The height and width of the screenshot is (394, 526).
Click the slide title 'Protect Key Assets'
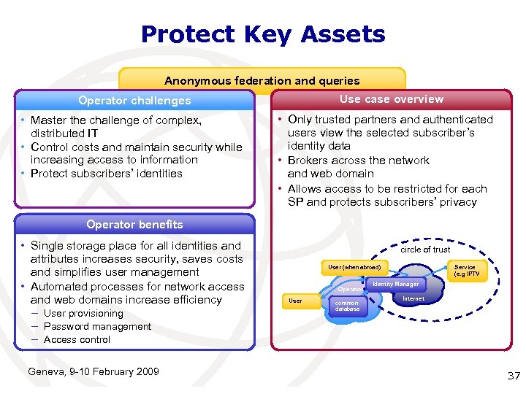click(262, 34)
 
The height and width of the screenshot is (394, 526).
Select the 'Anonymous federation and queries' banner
click(262, 81)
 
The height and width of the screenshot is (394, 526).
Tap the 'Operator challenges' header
click(134, 101)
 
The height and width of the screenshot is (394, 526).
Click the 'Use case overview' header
click(391, 99)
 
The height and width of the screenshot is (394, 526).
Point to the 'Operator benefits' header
click(134, 225)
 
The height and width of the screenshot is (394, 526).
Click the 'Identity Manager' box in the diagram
click(395, 284)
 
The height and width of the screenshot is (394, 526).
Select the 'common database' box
click(347, 306)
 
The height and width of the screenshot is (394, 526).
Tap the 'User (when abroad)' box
click(354, 268)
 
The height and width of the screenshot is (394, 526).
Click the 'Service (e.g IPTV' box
click(465, 271)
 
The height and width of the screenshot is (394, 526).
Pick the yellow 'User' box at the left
click(296, 300)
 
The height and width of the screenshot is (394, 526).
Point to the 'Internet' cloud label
click(413, 298)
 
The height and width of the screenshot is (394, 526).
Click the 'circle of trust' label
click(425, 250)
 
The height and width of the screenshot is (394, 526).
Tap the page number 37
click(513, 376)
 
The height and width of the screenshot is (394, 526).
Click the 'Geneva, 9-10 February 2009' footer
click(93, 372)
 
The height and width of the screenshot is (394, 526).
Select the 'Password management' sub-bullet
click(97, 326)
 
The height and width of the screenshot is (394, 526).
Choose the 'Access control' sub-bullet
click(77, 339)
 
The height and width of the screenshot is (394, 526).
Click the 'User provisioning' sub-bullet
click(83, 313)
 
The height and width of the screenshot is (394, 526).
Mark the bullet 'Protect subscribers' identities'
click(107, 174)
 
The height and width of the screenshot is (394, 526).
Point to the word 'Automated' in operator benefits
click(59, 287)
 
